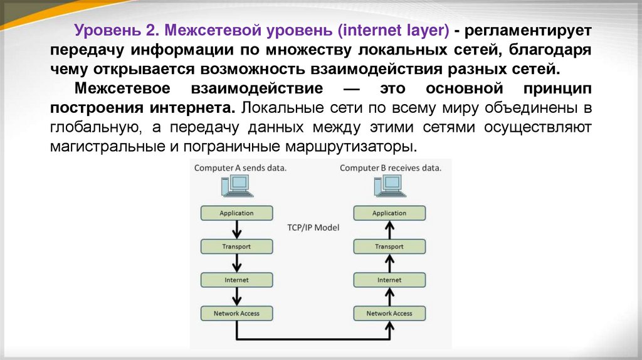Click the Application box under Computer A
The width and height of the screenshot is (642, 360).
click(236, 213)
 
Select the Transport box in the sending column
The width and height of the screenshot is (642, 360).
click(236, 246)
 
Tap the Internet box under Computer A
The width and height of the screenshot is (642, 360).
click(236, 280)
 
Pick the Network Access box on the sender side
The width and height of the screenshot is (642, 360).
click(236, 313)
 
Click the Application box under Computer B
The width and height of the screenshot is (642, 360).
click(389, 213)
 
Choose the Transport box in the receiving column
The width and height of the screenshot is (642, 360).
click(389, 246)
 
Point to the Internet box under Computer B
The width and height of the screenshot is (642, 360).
click(389, 280)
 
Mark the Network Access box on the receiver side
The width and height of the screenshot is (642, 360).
click(389, 313)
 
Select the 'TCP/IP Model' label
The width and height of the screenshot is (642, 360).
click(313, 228)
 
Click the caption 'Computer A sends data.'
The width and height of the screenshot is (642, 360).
click(240, 168)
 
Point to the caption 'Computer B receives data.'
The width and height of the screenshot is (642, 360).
click(391, 168)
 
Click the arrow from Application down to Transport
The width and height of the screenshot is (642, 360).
click(236, 230)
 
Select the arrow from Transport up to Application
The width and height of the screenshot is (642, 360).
click(389, 230)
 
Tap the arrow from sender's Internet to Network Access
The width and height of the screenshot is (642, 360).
click(236, 296)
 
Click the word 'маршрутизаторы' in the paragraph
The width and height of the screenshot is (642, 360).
click(365, 148)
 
